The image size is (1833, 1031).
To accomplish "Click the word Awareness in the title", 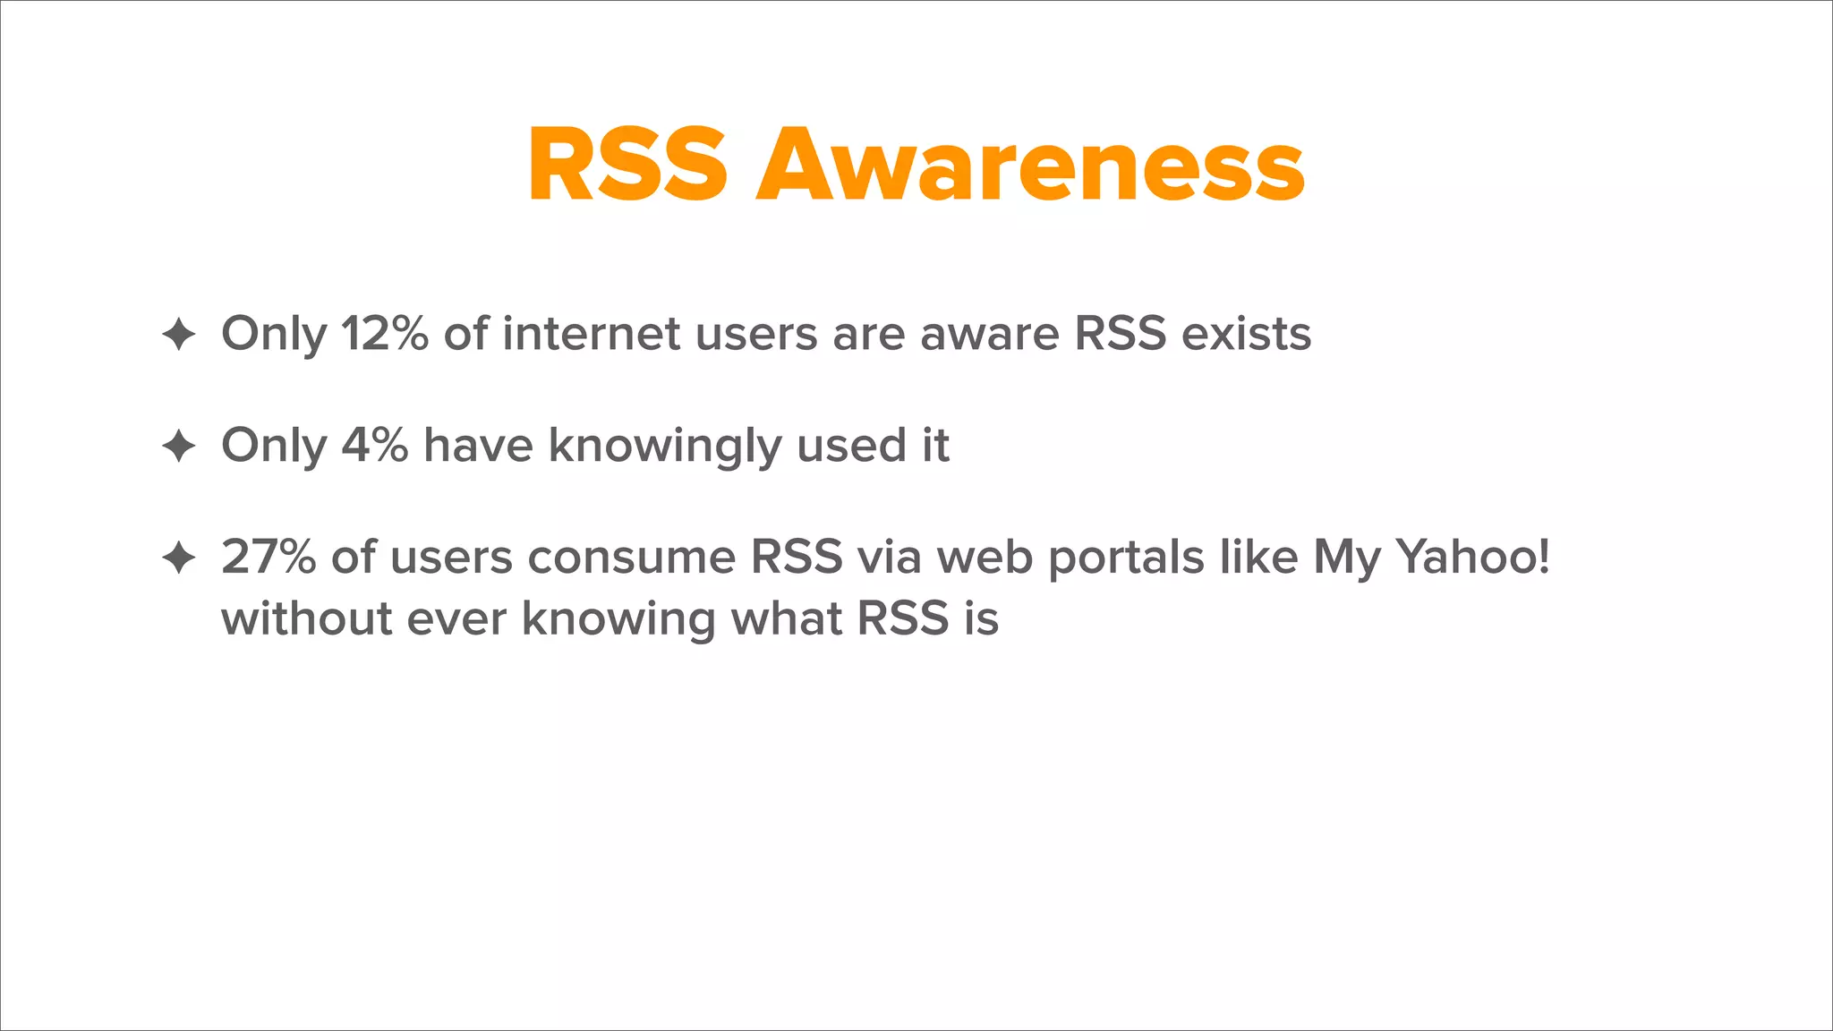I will (1030, 166).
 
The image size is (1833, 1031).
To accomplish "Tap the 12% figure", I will (384, 334).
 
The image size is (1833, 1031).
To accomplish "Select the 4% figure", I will (375, 445).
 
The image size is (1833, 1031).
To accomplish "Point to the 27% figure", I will (269, 557).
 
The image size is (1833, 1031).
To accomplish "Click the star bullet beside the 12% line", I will (179, 335).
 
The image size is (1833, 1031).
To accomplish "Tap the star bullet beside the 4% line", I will (179, 446).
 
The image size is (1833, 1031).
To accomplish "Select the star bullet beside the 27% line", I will (179, 558).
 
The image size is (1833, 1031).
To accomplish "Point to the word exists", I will (1246, 334).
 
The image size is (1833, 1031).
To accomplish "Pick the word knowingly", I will (665, 447).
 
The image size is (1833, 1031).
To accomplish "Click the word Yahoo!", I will (1472, 557).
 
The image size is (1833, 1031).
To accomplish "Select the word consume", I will (631, 557).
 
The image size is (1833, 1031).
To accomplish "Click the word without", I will (306, 618).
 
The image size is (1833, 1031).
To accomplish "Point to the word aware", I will (989, 334).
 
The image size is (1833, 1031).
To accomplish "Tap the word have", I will (478, 445).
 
